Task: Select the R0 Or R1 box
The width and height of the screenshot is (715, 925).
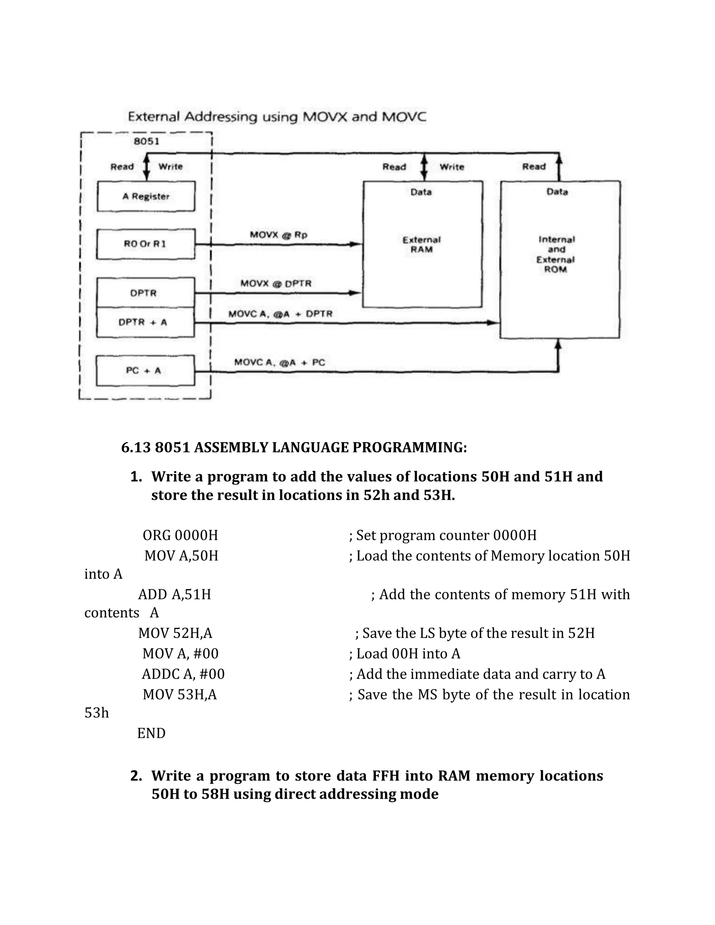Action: click(x=146, y=244)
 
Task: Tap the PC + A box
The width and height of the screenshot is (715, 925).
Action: click(x=145, y=371)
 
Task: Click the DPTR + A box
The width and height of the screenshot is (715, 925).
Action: click(x=145, y=322)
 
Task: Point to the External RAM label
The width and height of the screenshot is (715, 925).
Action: click(x=421, y=245)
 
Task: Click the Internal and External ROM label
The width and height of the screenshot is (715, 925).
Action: click(x=556, y=254)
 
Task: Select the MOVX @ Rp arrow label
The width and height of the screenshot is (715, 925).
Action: click(x=278, y=235)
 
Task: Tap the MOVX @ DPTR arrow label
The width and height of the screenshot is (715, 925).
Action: click(x=276, y=283)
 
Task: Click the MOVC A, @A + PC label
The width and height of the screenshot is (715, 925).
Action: click(x=280, y=363)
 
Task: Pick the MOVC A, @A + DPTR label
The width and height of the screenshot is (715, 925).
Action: click(x=280, y=314)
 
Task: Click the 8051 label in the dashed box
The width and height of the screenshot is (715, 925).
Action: click(x=147, y=141)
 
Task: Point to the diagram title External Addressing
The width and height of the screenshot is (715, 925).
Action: click(x=277, y=117)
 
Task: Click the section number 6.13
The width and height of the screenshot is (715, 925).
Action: click(x=136, y=447)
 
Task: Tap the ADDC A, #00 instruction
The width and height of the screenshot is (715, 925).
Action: click(x=183, y=674)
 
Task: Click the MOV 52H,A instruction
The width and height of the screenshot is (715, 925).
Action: click(x=175, y=633)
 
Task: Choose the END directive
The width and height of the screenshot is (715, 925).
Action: click(x=151, y=733)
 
